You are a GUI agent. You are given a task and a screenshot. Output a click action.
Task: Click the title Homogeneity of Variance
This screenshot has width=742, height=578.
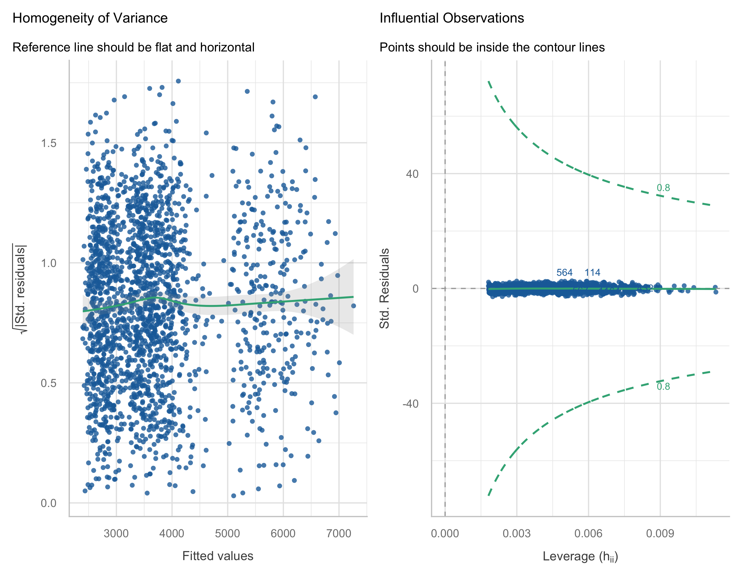[90, 18]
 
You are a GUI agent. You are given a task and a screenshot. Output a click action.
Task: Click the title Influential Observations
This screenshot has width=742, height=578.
[452, 18]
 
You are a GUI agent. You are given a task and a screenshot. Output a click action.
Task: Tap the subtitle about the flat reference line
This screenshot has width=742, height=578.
[133, 47]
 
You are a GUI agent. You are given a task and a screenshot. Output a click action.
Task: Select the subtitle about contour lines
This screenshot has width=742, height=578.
[492, 47]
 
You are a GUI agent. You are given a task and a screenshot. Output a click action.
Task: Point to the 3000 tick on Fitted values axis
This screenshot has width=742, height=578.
[116, 533]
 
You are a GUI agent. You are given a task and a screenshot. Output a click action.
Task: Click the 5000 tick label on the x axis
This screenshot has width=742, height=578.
[227, 533]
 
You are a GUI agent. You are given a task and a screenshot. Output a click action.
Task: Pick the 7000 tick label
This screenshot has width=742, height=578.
[339, 533]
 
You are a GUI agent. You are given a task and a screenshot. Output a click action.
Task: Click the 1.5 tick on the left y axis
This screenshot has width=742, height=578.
[49, 143]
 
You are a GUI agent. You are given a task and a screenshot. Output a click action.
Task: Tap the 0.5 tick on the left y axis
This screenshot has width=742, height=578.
[49, 383]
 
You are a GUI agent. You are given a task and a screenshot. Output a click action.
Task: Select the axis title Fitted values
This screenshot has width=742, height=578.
[218, 556]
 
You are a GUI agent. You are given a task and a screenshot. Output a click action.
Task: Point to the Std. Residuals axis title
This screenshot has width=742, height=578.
[384, 288]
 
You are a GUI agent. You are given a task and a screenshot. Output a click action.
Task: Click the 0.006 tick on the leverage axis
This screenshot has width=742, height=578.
[588, 533]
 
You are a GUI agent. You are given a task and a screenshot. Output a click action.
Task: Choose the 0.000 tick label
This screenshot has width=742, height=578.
[445, 533]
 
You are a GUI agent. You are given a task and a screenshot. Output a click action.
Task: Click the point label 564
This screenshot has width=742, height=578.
[564, 272]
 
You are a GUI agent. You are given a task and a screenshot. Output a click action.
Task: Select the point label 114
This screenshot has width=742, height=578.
[592, 272]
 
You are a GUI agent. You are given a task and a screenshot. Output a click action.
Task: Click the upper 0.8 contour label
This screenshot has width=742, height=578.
[663, 188]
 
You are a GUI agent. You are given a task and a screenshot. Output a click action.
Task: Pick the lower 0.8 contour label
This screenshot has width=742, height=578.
[663, 386]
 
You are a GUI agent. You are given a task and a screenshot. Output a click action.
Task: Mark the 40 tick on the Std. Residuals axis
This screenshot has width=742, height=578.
[412, 174]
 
